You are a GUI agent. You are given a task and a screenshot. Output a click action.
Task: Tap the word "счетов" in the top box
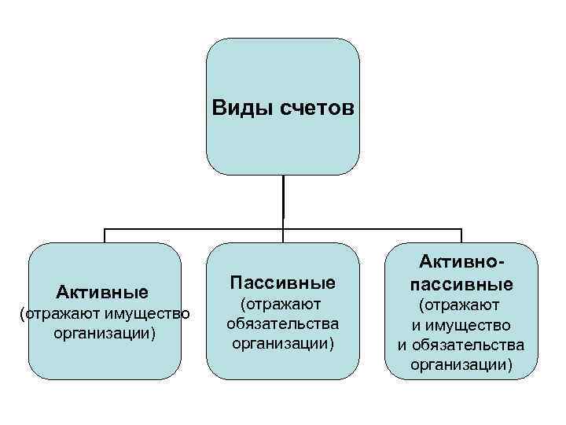coord(311,106)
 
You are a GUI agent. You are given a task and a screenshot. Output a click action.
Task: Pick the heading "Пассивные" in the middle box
coord(282,282)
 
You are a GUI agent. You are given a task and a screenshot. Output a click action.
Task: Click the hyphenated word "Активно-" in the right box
coord(461,262)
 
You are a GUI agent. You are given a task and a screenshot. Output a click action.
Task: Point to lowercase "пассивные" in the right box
coord(461,283)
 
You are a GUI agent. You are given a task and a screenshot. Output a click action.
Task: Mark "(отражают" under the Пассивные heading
coord(282,303)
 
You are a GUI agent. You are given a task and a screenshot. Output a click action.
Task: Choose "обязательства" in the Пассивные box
coord(282,323)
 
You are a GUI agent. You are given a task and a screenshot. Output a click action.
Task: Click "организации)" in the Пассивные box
coord(282,343)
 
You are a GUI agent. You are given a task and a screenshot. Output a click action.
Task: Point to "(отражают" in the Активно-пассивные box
coord(461,304)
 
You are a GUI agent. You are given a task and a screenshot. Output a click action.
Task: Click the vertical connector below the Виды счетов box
coord(283,201)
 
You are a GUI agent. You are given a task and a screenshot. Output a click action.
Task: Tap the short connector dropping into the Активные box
coord(105,235)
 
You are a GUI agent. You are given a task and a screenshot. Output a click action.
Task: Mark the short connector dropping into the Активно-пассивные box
coord(461,235)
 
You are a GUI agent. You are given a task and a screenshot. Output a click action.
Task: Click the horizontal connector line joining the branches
coord(197,229)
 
